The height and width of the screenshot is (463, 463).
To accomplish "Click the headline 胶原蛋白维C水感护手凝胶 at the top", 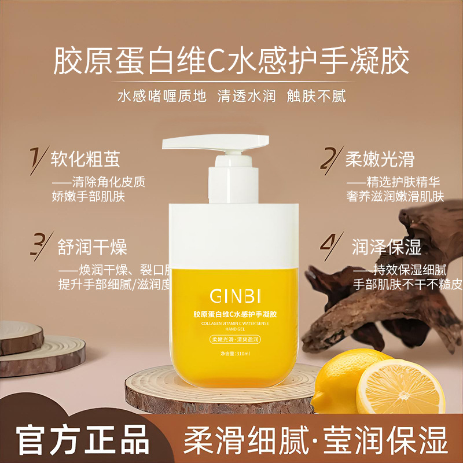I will click(231, 60).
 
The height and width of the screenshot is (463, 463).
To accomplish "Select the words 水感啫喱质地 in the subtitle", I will click(161, 95).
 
